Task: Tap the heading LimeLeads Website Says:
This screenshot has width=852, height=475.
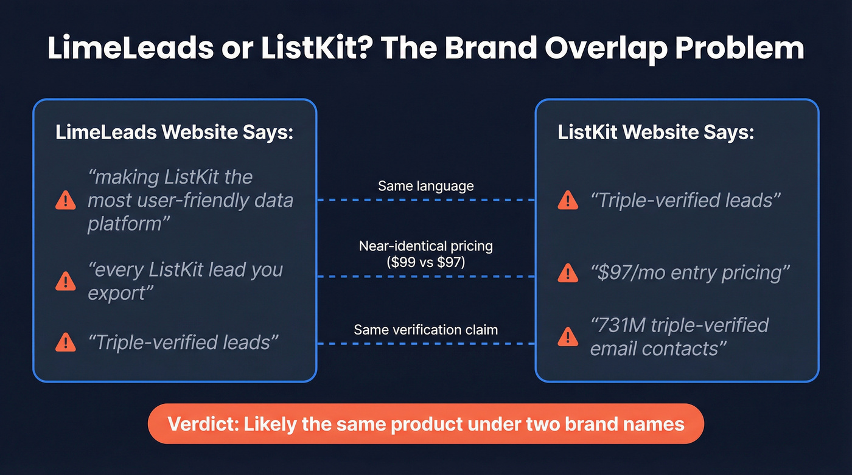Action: [174, 133]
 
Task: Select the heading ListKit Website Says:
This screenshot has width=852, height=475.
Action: [655, 133]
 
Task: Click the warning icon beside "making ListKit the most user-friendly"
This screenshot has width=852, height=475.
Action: [65, 200]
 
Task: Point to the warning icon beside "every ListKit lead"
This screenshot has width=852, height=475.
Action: [65, 281]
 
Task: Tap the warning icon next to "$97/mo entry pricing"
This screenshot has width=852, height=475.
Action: [568, 273]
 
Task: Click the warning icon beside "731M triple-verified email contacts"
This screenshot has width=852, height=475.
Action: [568, 336]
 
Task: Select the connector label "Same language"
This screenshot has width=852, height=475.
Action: [425, 185]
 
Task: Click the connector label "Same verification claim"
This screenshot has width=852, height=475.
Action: [425, 330]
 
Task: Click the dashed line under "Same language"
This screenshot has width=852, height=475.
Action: [425, 199]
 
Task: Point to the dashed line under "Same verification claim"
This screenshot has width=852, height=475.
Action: [425, 344]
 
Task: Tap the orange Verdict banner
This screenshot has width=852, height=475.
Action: [425, 423]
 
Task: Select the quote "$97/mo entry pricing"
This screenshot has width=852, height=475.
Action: [690, 273]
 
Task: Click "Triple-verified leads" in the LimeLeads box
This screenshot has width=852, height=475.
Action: [183, 342]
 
